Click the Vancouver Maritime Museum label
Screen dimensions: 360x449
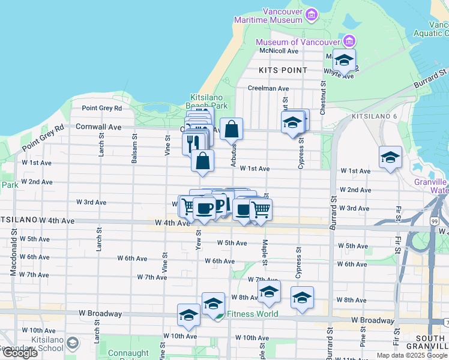pyautogui.click(x=283, y=16)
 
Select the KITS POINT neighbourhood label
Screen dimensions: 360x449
pyautogui.click(x=283, y=70)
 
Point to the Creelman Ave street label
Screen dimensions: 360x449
pyautogui.click(x=268, y=88)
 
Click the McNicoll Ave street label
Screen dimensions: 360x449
pyautogui.click(x=279, y=51)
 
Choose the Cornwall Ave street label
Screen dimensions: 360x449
pyautogui.click(x=98, y=127)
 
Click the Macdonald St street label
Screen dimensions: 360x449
pyautogui.click(x=13, y=254)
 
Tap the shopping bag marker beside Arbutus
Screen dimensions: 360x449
pyautogui.click(x=231, y=129)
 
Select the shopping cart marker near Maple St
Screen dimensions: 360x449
pyautogui.click(x=261, y=210)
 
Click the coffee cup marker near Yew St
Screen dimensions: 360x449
pyautogui.click(x=204, y=209)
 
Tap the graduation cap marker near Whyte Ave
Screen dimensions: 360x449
pyautogui.click(x=344, y=60)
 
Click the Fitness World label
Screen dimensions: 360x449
pyautogui.click(x=252, y=314)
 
